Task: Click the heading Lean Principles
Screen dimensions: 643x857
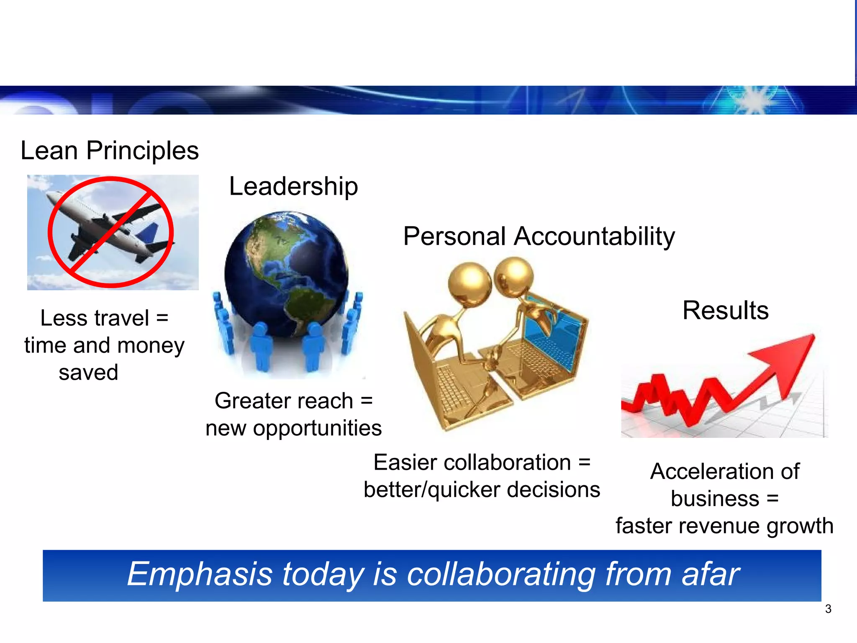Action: point(110,151)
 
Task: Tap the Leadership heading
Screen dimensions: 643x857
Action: point(293,186)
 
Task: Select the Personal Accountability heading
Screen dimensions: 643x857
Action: point(539,237)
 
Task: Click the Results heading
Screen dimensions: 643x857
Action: point(725,310)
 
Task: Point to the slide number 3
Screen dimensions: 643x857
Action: point(828,609)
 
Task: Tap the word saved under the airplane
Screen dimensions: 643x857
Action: point(88,372)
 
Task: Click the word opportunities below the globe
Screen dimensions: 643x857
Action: point(317,428)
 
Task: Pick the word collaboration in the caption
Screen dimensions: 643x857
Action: point(472,463)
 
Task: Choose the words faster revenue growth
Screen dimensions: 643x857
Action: point(724,526)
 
